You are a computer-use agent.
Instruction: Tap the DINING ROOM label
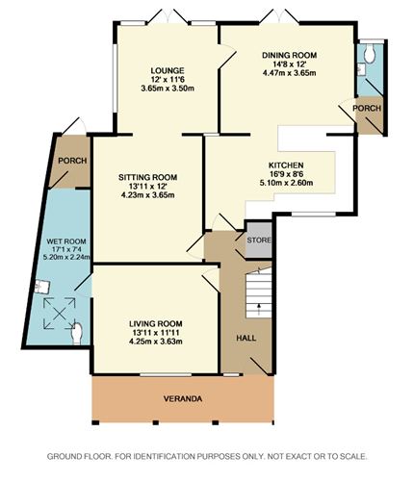[289, 55]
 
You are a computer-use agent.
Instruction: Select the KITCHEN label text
[286, 165]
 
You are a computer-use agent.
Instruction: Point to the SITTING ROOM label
[147, 177]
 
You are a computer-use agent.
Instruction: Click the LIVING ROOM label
[156, 324]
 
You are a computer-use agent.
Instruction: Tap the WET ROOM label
[66, 241]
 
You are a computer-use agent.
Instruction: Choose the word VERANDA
[183, 399]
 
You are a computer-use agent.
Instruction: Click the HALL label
[246, 338]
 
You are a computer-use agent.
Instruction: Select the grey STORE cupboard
[259, 240]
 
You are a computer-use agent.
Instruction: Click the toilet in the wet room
[77, 334]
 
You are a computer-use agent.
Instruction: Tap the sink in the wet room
[42, 286]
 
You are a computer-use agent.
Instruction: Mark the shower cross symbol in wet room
[60, 314]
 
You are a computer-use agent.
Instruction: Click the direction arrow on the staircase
[259, 309]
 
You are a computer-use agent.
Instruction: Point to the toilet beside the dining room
[370, 53]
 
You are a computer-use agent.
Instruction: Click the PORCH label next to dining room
[367, 109]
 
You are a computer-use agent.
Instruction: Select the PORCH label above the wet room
[72, 161]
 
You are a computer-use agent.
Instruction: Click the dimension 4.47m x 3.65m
[289, 73]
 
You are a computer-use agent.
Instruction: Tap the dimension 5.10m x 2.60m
[286, 183]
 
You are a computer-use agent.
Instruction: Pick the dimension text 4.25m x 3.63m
[156, 342]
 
